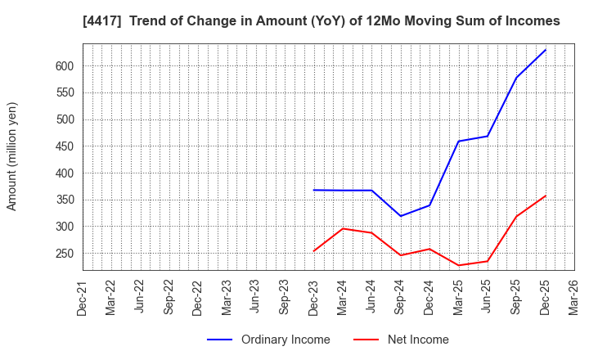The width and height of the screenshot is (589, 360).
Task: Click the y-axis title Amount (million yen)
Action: (12, 156)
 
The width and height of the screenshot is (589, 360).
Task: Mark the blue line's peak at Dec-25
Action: (546, 50)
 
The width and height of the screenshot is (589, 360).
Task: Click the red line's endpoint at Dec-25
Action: (546, 196)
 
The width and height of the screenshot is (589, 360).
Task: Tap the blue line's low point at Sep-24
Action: (401, 216)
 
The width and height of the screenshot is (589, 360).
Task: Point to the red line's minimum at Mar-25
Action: (458, 265)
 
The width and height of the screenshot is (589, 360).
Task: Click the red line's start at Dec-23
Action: (314, 251)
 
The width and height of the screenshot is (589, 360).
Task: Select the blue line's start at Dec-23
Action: (314, 190)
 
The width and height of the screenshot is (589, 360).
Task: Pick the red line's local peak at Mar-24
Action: (343, 228)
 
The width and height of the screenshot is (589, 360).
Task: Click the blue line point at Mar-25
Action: (458, 142)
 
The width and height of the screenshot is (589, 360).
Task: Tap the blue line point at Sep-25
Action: (516, 78)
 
